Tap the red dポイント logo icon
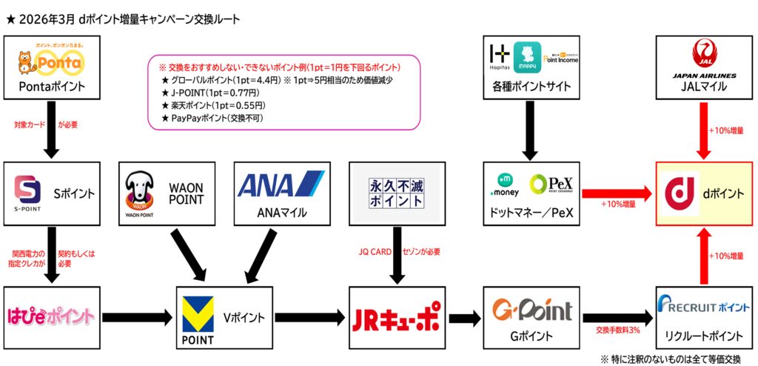click(x=679, y=193)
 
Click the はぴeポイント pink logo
click(x=51, y=316)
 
